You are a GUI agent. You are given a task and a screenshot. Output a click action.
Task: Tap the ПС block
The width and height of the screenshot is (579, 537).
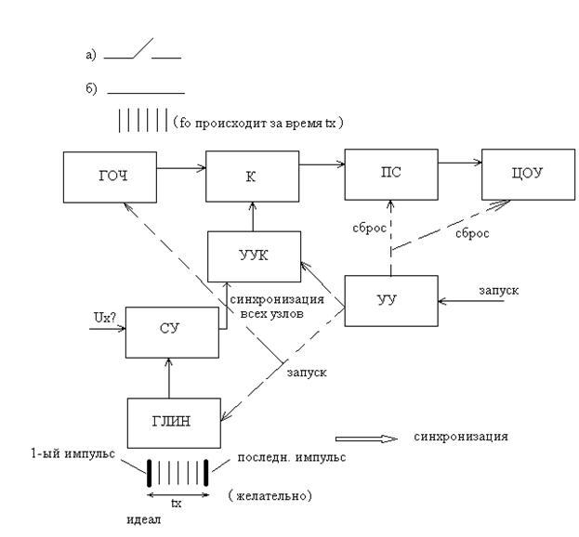click(x=391, y=172)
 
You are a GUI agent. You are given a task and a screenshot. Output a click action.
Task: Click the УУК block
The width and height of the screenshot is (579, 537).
click(x=255, y=256)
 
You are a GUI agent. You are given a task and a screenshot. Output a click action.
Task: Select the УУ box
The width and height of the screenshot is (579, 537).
click(x=391, y=300)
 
